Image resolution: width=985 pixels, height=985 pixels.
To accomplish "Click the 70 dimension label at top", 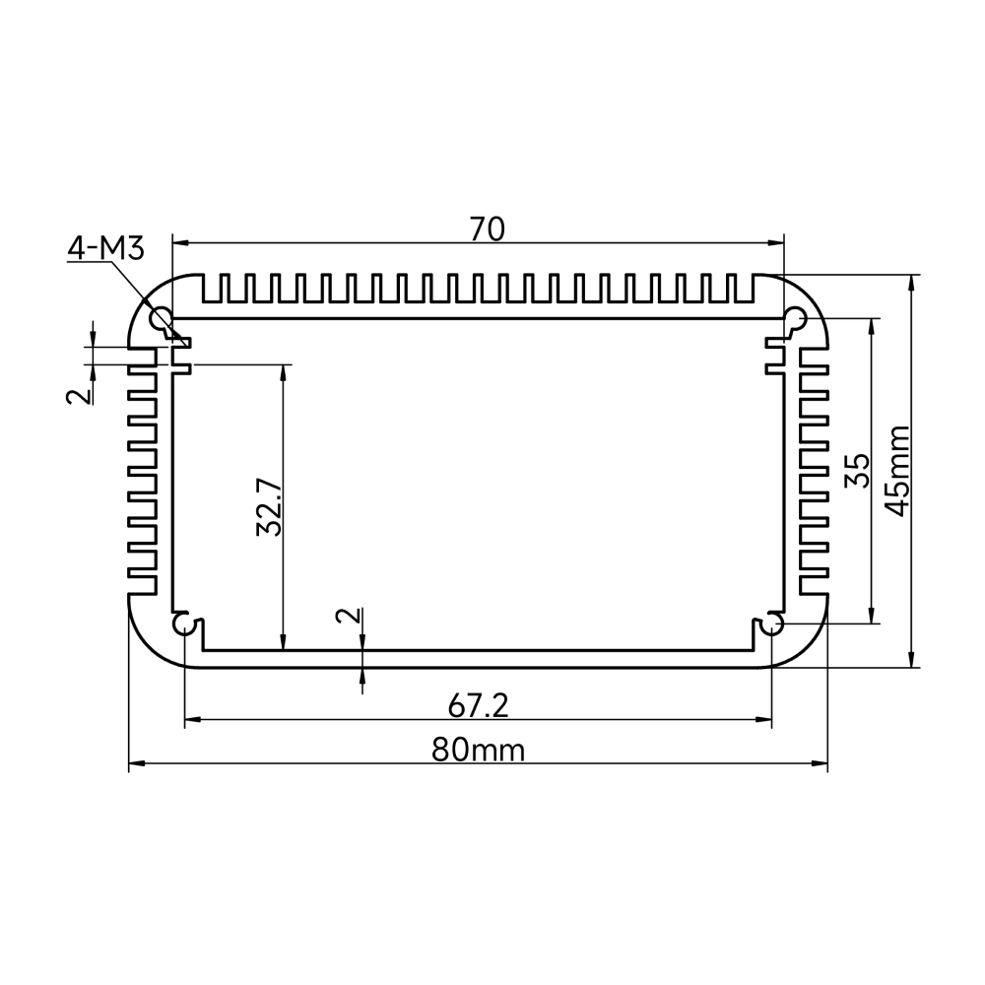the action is point(487,230).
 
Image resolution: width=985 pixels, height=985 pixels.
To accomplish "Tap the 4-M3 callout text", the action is point(106,248).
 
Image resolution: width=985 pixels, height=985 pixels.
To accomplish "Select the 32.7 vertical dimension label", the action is point(270,507).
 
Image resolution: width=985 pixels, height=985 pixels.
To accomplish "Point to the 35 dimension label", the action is point(858,471).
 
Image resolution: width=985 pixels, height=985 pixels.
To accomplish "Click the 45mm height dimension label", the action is point(896,471).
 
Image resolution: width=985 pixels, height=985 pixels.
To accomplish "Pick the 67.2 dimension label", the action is point(478,706).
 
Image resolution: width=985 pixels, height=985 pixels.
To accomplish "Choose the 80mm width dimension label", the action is point(478,750).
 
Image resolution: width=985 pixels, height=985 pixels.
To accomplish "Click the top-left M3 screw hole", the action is point(160,317).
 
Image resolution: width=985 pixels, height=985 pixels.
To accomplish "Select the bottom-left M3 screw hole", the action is point(183,624).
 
